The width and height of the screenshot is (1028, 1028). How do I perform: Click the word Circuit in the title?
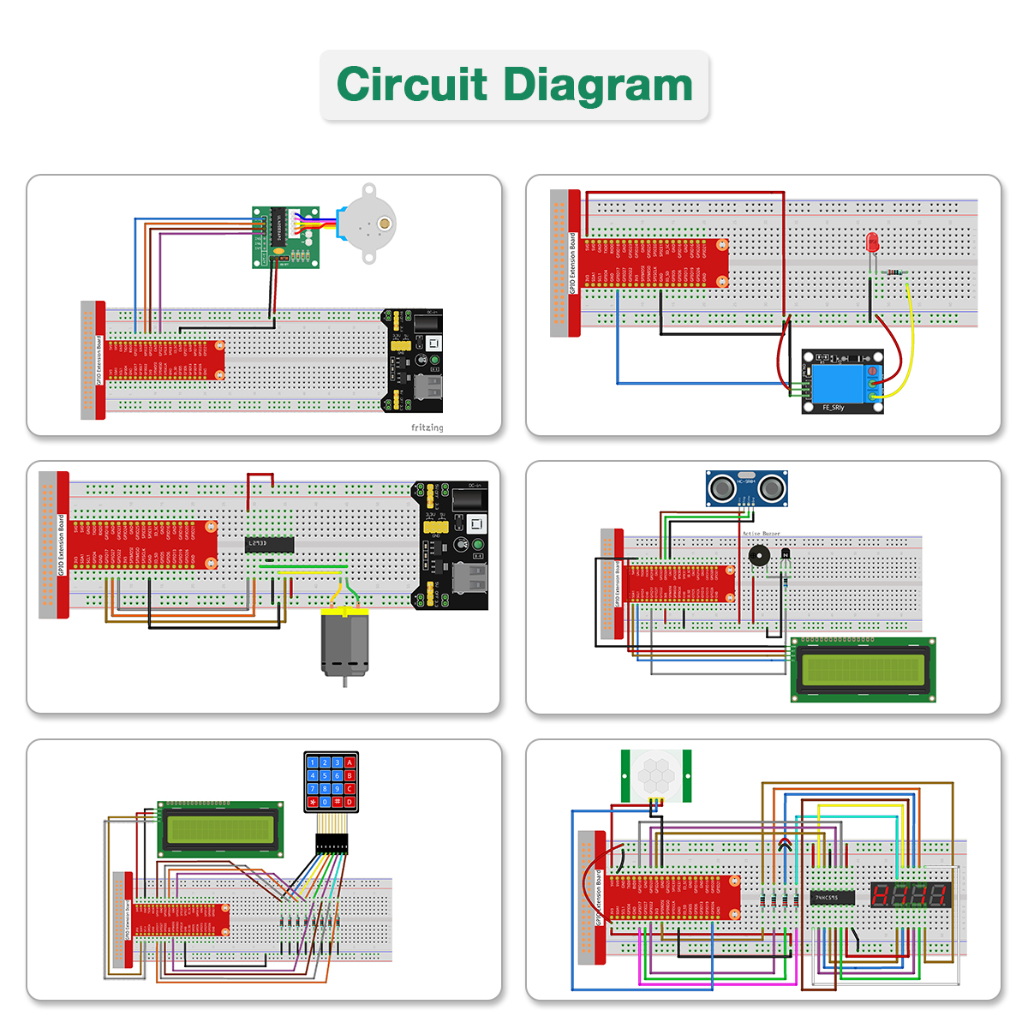tap(411, 85)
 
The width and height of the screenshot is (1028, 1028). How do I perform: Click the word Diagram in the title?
tap(598, 85)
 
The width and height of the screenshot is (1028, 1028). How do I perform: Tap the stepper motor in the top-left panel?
tap(368, 224)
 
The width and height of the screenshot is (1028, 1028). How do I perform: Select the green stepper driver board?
tap(285, 236)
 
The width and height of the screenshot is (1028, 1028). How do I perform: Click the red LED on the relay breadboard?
tap(873, 242)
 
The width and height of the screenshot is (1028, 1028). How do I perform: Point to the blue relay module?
tap(842, 381)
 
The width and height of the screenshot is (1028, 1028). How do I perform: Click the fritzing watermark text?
tap(427, 427)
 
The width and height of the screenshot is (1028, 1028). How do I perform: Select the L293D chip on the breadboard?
tap(270, 544)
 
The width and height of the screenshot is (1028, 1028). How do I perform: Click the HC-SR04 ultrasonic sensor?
tap(746, 488)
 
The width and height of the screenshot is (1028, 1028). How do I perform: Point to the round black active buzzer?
tap(759, 555)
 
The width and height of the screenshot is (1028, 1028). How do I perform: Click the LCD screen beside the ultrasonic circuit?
tap(863, 670)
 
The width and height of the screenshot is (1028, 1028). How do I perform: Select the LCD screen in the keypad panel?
tap(221, 829)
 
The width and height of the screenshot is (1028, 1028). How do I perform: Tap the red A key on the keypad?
tap(350, 762)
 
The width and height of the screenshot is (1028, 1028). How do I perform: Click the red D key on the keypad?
tap(350, 803)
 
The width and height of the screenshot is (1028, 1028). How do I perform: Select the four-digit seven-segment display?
tap(911, 895)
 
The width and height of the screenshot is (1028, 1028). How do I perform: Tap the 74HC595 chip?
tap(832, 898)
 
